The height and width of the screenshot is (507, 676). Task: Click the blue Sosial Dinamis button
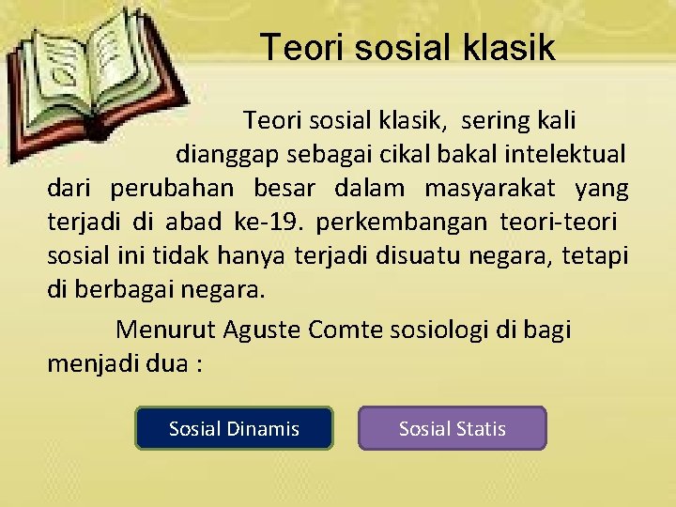234,428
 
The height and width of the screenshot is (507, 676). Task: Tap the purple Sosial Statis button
452,428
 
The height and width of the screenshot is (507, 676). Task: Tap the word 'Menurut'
165,330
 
